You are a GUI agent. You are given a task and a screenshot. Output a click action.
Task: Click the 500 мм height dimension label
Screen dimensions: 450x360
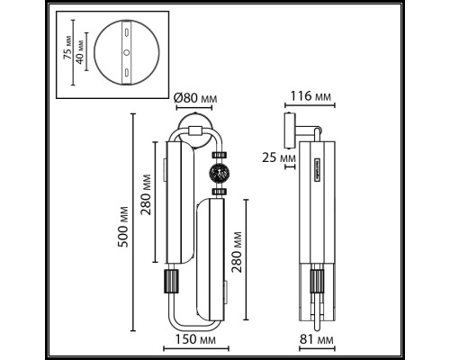(122, 227)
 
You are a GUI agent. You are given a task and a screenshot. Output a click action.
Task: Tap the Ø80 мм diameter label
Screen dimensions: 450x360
(195, 98)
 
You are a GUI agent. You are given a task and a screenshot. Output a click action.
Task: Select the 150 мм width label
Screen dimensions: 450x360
(195, 339)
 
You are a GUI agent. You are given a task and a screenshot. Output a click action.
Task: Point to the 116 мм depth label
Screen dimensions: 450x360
(310, 96)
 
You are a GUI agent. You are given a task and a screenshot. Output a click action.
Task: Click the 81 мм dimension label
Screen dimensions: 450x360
(316, 339)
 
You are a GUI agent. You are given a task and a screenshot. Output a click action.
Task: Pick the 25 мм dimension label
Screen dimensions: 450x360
(279, 157)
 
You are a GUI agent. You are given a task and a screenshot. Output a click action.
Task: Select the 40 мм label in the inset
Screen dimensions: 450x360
(80, 51)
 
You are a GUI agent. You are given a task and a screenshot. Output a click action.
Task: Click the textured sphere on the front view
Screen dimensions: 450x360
(219, 173)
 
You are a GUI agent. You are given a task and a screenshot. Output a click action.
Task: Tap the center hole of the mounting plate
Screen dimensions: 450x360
(127, 52)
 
